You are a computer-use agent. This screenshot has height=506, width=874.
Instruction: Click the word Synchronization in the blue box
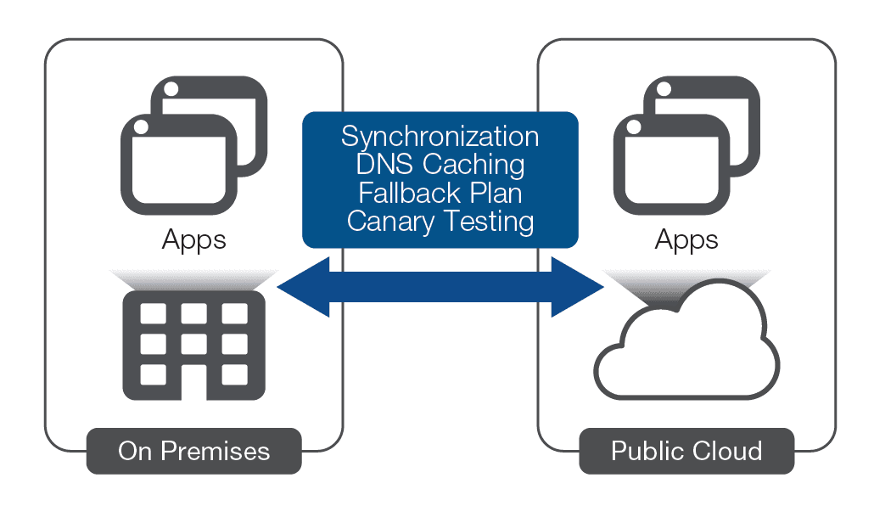coord(440,136)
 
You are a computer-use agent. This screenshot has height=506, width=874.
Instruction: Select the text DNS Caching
coord(440,164)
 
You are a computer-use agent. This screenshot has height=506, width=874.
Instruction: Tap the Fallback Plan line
coord(440,193)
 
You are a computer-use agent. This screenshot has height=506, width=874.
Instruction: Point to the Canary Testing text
coord(440,222)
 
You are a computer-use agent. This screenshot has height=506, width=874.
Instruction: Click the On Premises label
coord(193,451)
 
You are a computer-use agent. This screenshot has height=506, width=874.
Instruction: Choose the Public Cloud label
coord(686,451)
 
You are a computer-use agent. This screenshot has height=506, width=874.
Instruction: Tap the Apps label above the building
coord(193,240)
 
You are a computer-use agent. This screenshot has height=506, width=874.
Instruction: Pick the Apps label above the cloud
coord(686,240)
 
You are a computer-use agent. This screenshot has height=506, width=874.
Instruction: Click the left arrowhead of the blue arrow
coord(301,289)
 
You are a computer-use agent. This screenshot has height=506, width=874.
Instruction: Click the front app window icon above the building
coord(177,165)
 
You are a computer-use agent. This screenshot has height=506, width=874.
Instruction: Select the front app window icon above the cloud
coord(670,165)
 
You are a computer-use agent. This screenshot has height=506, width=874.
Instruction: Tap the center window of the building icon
coord(193,344)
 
